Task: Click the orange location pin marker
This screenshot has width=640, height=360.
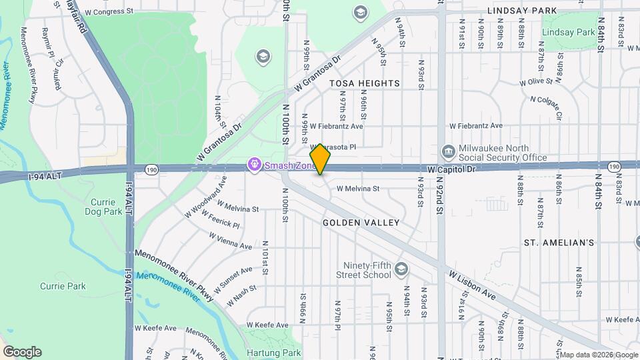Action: point(321,159)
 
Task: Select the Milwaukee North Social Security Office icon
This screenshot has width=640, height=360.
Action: point(449,153)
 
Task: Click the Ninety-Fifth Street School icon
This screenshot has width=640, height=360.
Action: point(401,269)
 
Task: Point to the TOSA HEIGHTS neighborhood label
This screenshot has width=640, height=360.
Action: point(365,83)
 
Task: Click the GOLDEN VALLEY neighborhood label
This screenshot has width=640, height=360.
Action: point(361,223)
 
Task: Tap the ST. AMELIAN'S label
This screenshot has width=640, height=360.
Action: point(559,243)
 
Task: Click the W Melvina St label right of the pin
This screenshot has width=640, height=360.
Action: point(357,189)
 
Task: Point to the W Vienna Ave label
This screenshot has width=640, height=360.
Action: point(231,241)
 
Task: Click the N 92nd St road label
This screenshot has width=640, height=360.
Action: point(440,199)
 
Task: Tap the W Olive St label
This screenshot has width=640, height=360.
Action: point(536,82)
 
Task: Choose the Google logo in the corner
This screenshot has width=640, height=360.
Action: point(22,352)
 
